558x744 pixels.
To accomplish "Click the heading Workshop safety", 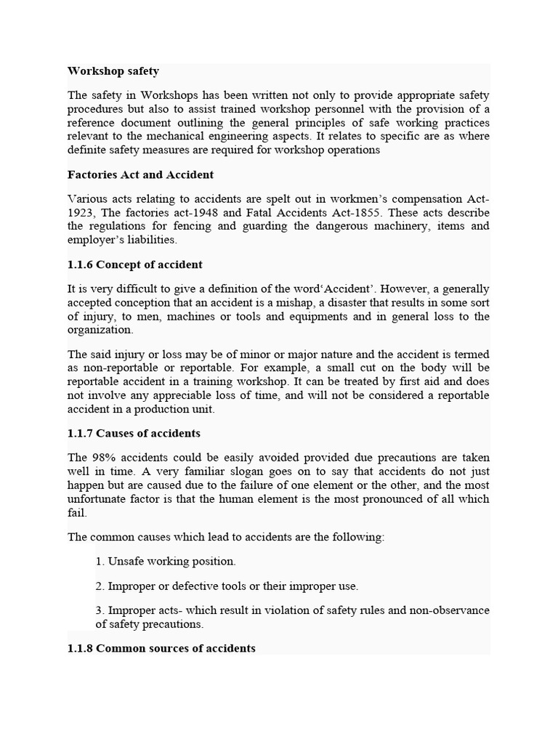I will [113, 71].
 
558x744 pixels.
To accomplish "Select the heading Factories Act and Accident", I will [140, 175].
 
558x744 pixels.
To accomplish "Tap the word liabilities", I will [150, 240].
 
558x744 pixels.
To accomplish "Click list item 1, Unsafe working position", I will [166, 562].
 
